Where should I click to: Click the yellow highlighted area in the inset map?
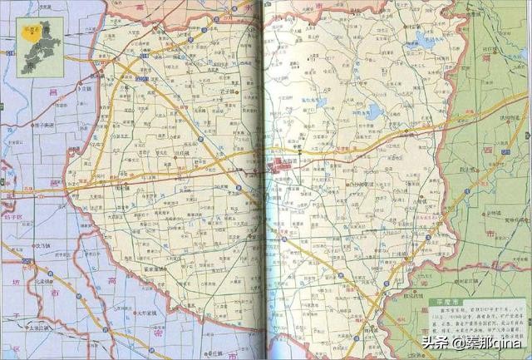click(x=32, y=36)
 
